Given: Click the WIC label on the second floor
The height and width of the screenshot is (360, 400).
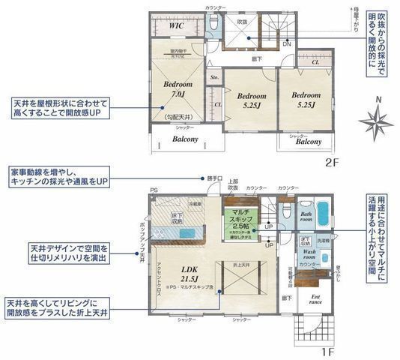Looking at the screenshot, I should click(x=177, y=25).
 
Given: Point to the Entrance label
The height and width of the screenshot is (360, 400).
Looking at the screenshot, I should click(x=316, y=299).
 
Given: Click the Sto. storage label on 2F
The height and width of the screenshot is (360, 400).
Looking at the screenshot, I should click(x=214, y=77).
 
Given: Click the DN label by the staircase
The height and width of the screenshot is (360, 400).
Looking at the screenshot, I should click(x=285, y=44).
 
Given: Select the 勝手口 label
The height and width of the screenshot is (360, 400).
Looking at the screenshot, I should click(x=215, y=178).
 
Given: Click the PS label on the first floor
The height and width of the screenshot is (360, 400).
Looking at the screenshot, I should click(x=154, y=190).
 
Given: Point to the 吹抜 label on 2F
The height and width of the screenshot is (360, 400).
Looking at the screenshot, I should click(x=242, y=22).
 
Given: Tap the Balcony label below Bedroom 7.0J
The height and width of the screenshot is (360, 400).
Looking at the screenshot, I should click(x=185, y=139).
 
